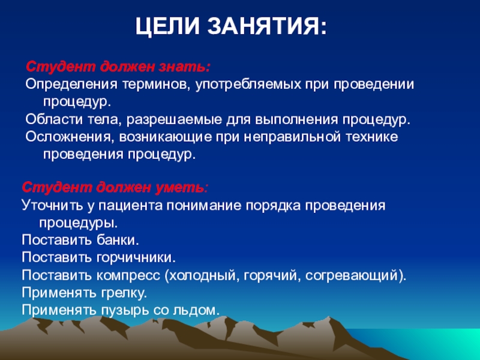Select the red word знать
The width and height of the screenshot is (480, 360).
(184, 67)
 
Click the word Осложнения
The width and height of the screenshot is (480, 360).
(67, 137)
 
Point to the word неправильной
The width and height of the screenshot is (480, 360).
(292, 137)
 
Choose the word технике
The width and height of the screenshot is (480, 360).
(372, 137)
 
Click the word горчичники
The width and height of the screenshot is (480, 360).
(136, 257)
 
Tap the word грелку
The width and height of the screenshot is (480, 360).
(124, 293)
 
